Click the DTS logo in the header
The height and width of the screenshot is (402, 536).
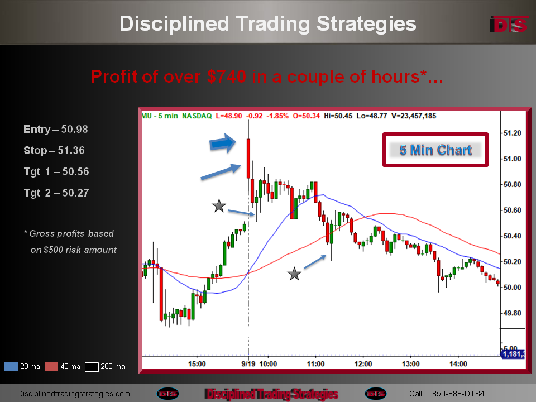point(509,24)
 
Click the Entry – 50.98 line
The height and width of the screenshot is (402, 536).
point(56,129)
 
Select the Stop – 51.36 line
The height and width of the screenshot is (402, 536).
point(54,150)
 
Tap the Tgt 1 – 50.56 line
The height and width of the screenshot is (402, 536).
point(56,171)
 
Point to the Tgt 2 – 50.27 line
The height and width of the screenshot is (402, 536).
point(56,193)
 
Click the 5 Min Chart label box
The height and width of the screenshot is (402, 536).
point(435,150)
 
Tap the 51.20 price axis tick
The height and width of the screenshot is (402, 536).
point(512,133)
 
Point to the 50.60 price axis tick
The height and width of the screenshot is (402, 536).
point(512,210)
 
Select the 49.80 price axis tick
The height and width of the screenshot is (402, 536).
point(512,313)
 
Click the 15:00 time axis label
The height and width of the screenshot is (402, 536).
point(197,363)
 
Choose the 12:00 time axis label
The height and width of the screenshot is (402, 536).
point(363,363)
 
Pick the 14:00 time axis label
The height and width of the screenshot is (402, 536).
point(458,363)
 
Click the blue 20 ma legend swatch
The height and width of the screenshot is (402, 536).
point(11,367)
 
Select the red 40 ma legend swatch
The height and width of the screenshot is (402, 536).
point(51,367)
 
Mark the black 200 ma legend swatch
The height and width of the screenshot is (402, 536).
point(92,367)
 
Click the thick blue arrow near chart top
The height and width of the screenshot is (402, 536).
point(223,143)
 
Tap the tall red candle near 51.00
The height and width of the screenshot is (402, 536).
point(248,158)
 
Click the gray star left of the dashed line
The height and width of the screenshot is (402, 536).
point(219,206)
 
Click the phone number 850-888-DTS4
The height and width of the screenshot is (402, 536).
point(458,394)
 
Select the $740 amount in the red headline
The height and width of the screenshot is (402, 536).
point(226,76)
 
